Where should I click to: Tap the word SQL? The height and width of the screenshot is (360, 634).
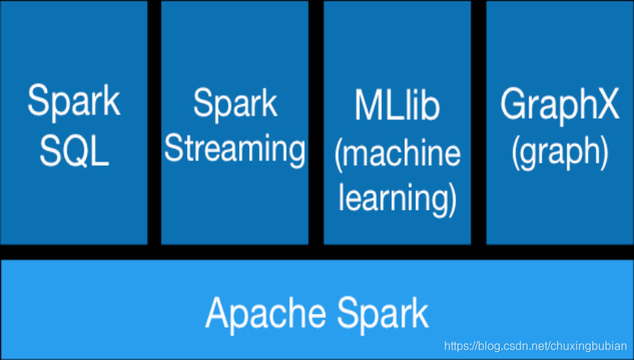point(75,151)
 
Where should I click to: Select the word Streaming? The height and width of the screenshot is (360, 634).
point(235,150)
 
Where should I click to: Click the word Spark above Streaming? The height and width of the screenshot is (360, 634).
point(235,103)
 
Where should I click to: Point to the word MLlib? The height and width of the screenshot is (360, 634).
point(397,105)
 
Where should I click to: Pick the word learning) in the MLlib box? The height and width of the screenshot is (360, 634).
point(397,199)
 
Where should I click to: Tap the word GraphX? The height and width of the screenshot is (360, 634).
point(560,105)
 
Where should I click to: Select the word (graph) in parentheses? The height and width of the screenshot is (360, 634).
point(560,153)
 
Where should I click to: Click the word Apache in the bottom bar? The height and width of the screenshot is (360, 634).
point(266,313)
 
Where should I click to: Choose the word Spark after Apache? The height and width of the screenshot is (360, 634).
point(383,315)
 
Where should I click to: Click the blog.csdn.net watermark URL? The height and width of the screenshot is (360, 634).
point(536,346)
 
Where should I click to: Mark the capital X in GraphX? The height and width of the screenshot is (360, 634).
point(605,103)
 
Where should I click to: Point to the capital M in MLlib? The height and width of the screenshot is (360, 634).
point(369,105)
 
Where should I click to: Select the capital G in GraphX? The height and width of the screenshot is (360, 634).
point(515,104)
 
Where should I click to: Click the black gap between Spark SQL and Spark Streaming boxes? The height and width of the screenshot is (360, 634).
point(155,122)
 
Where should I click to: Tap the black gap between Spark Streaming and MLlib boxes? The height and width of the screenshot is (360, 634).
point(316,122)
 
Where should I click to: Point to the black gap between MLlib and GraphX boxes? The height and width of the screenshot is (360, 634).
point(479,122)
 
